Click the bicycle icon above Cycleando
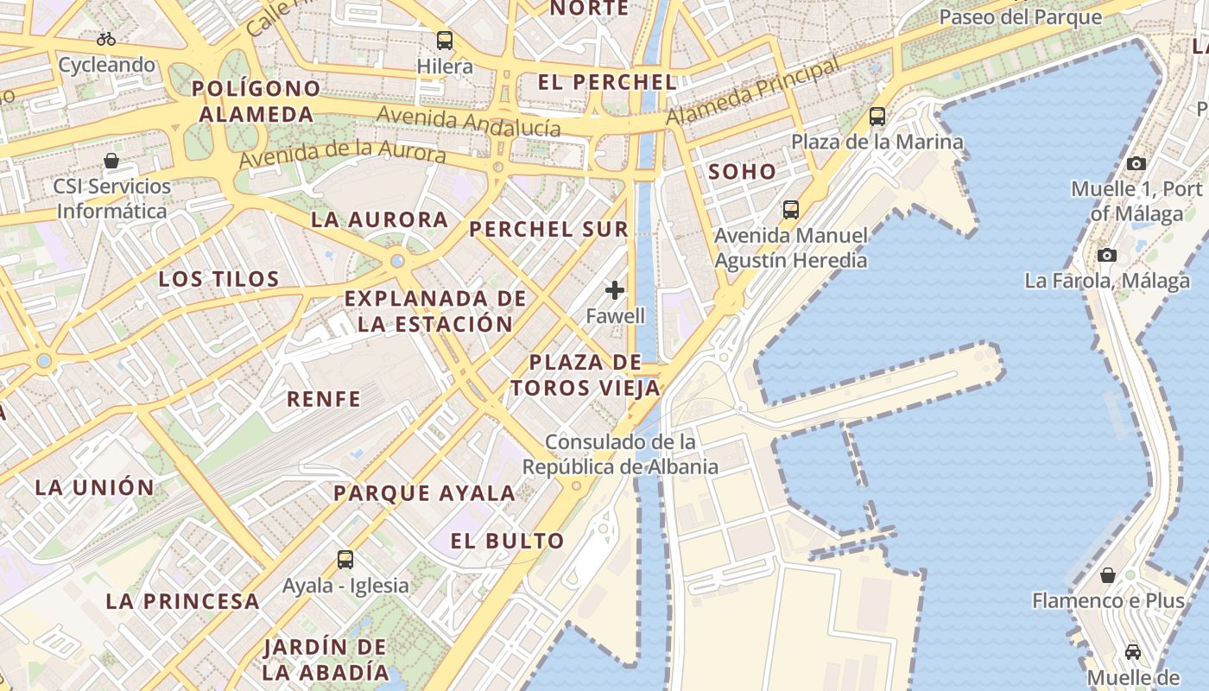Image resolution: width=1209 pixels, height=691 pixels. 106,39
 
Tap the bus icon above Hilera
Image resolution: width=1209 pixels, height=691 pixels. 445,40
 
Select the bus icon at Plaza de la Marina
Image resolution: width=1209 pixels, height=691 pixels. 877,116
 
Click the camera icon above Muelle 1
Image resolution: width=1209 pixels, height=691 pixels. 1136,163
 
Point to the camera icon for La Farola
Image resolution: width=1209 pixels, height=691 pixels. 1107,255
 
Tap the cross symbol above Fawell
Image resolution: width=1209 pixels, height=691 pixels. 615,290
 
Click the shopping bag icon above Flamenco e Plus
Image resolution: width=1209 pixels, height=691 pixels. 1108,574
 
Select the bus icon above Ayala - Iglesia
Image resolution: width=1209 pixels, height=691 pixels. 345,560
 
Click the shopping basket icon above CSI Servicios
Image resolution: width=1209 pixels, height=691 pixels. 111,161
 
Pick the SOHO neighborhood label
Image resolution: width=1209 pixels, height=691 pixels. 743,172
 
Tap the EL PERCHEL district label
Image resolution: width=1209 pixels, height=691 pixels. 607,83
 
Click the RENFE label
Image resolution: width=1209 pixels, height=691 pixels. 324,399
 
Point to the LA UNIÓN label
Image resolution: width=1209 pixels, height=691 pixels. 95,487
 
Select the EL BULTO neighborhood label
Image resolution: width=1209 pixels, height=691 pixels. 508,542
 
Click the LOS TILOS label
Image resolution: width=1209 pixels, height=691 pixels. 219,279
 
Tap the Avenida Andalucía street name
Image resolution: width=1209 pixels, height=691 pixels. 469,121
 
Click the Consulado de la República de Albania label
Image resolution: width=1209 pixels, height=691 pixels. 620,454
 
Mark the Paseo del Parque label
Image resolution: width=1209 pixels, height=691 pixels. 1020,17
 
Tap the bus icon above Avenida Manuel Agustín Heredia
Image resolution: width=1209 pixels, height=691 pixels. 791,210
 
